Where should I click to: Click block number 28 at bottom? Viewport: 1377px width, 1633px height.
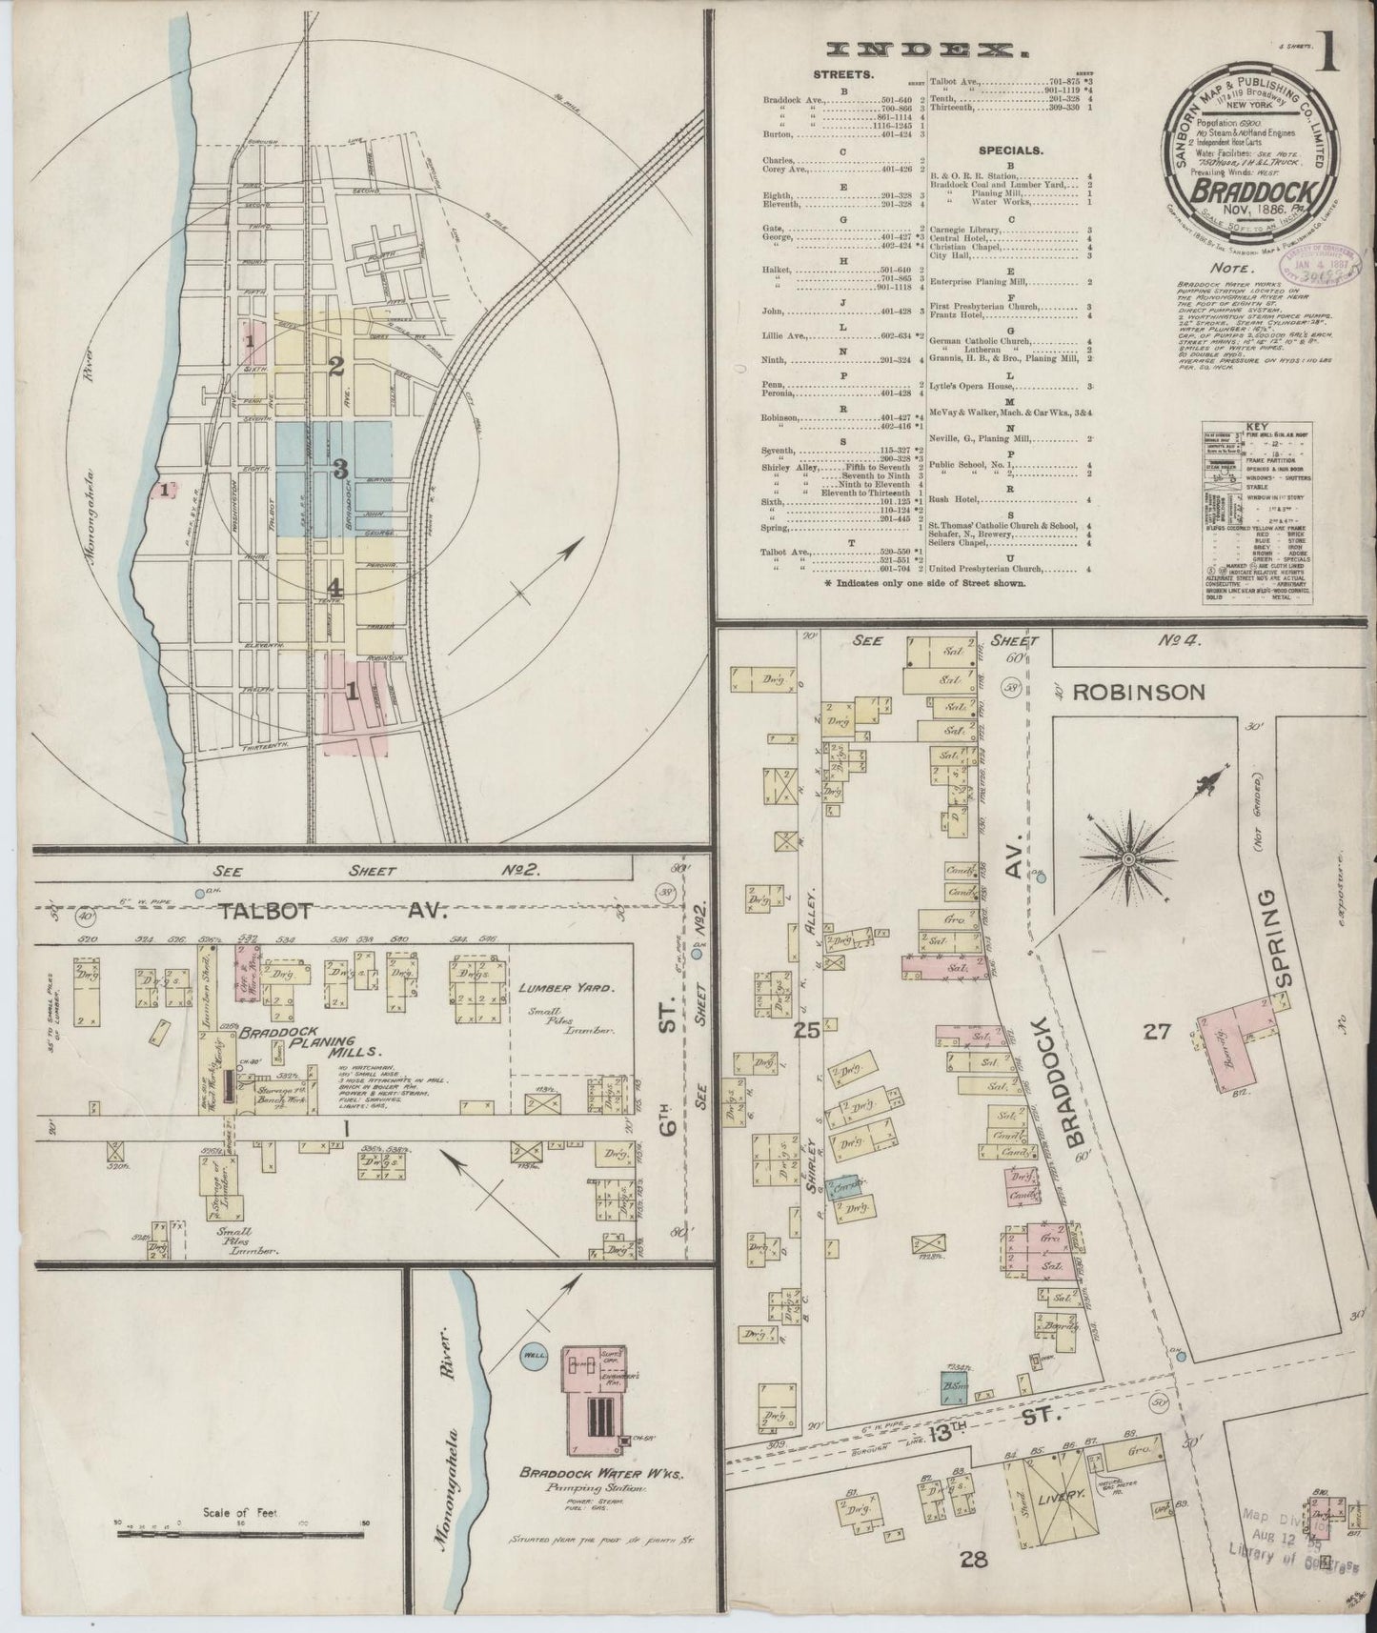[x=972, y=1560]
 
